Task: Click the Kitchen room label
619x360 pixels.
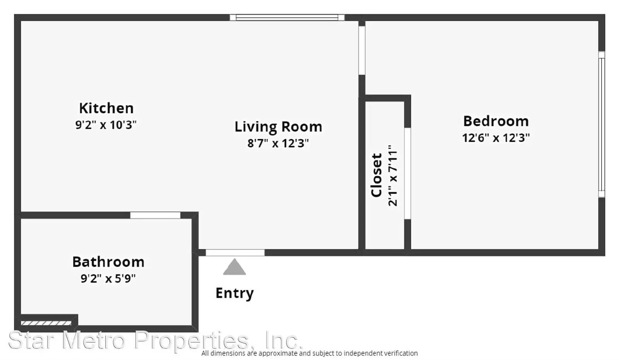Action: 106,108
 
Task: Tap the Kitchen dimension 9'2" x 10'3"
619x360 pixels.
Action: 106,125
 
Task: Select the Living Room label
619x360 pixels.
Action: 278,127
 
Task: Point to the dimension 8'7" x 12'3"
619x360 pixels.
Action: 278,143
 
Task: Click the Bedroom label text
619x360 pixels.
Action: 496,121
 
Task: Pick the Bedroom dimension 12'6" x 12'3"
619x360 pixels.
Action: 496,137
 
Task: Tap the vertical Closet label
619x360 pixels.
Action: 376,175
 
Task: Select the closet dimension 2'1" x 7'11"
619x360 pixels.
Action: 393,176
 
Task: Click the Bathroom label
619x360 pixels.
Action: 108,262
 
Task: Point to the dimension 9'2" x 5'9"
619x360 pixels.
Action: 108,278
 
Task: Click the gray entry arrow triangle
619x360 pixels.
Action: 234,267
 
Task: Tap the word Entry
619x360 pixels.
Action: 234,293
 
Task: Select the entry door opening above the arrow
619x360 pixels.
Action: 235,252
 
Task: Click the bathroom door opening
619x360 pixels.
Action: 155,215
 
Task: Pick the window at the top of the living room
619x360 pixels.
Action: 287,17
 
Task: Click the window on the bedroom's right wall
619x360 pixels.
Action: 602,124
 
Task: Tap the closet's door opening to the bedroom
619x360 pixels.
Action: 407,174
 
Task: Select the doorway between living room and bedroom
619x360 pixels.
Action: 362,50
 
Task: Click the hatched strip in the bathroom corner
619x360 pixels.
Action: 46,323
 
